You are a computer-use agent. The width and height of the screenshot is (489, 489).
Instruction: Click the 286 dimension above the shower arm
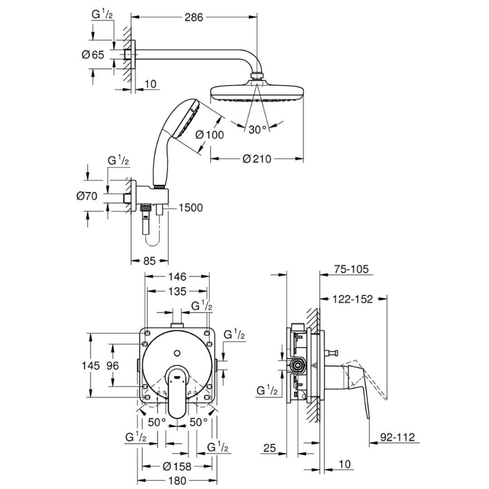[x=194, y=18]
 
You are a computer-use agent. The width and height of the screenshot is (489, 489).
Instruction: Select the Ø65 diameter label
[x=93, y=54]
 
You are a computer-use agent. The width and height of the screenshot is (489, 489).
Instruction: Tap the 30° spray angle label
[x=257, y=129]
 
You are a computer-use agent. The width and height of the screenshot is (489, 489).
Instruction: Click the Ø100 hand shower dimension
[x=209, y=135]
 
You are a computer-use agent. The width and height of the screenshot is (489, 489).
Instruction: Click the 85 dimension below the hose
[x=149, y=261]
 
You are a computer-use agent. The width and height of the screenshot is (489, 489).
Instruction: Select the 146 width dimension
[x=177, y=276]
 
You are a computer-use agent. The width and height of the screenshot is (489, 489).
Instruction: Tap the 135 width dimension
[x=177, y=291]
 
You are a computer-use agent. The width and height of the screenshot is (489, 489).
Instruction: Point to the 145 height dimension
[x=90, y=365]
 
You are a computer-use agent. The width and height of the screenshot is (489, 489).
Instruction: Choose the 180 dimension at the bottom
[x=177, y=481]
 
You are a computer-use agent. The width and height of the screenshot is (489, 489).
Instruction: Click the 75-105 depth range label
[x=351, y=270]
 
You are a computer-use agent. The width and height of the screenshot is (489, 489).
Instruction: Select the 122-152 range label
[x=353, y=299]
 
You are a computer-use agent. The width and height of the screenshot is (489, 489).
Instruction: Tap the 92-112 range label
[x=398, y=436]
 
